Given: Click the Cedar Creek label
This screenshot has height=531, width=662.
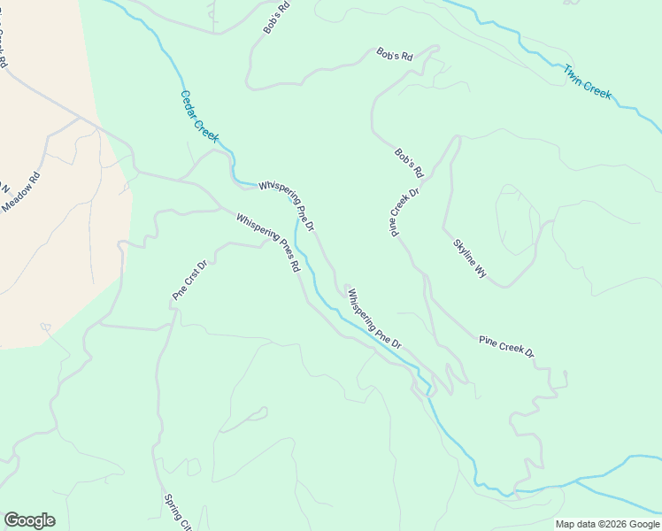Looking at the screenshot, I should (199, 116).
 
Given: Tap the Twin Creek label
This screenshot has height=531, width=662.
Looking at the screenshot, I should (588, 81).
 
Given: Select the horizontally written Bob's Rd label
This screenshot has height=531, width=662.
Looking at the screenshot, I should (395, 55).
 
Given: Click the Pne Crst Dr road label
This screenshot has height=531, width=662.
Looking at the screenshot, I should (189, 280).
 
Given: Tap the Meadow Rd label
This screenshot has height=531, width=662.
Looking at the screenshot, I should (21, 192).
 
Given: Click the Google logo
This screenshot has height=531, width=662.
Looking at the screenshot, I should (29, 520).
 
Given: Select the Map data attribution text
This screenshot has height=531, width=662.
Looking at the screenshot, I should (607, 524).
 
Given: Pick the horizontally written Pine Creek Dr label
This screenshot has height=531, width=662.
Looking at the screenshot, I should (506, 346).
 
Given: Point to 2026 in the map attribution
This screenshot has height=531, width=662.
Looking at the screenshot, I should (617, 524).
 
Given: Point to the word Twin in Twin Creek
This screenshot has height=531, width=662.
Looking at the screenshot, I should (573, 72).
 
